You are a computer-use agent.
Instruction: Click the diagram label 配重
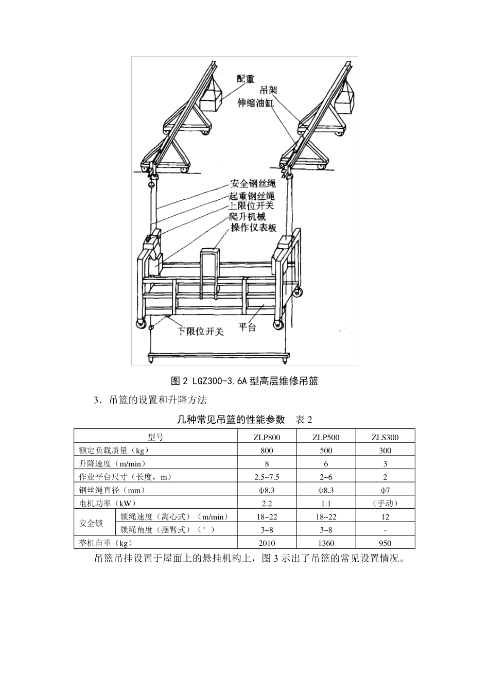pyautogui.click(x=246, y=79)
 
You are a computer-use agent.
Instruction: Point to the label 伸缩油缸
pyautogui.click(x=255, y=103)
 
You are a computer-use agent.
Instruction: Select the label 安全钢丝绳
pyautogui.click(x=253, y=184)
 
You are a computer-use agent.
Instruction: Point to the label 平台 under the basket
pyautogui.click(x=248, y=327)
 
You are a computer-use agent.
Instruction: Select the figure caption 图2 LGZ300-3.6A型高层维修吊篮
pyautogui.click(x=244, y=382)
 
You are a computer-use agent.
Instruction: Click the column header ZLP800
pyautogui.click(x=267, y=437)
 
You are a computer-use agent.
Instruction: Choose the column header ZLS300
pyautogui.click(x=385, y=437)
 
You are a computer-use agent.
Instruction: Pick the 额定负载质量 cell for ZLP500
pyautogui.click(x=326, y=451)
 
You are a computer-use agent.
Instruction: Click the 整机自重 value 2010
pyautogui.click(x=267, y=543)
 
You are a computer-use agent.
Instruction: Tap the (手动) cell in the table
pyautogui.click(x=385, y=504)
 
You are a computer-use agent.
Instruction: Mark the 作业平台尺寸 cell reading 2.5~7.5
pyautogui.click(x=267, y=477)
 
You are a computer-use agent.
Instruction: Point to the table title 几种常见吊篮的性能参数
pyautogui.click(x=231, y=419)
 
